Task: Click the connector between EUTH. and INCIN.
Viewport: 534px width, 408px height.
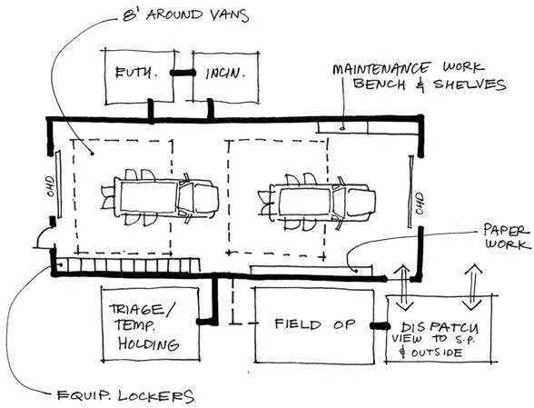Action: click(x=183, y=71)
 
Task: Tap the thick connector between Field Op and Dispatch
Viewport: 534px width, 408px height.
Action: click(x=376, y=324)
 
